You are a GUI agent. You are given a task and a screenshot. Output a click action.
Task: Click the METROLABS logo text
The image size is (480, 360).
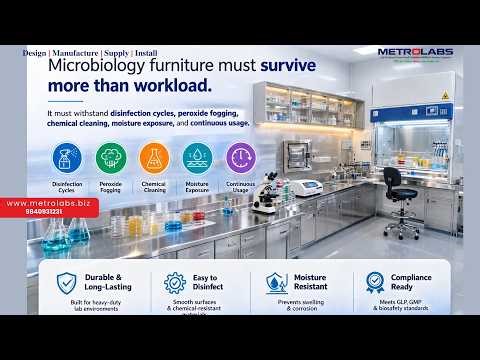pyautogui.click(x=414, y=52)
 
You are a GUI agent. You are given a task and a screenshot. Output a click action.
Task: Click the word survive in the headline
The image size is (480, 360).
pyautogui.click(x=274, y=67)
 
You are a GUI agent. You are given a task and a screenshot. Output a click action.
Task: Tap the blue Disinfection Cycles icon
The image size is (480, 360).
pyautogui.click(x=68, y=158)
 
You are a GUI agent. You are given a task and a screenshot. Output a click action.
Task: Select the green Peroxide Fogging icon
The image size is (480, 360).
pyautogui.click(x=111, y=158)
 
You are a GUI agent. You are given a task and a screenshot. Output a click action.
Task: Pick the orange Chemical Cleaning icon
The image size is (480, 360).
pyautogui.click(x=154, y=158)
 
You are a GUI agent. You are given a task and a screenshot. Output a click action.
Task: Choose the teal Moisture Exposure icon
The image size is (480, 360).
pyautogui.click(x=197, y=158)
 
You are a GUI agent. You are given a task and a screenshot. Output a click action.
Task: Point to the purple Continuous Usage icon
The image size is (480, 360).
pyautogui.click(x=240, y=158)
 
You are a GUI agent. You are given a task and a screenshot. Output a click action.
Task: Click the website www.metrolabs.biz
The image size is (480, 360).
pyautogui.click(x=49, y=203)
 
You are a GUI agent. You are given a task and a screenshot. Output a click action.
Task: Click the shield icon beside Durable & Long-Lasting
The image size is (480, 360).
pyautogui.click(x=67, y=282)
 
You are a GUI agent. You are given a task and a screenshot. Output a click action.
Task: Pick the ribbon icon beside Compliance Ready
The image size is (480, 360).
pyautogui.click(x=375, y=282)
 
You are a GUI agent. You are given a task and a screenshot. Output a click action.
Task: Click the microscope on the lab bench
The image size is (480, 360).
pyautogui.click(x=266, y=193)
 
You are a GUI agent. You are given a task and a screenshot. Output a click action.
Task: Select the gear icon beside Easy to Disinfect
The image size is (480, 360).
pyautogui.click(x=174, y=282)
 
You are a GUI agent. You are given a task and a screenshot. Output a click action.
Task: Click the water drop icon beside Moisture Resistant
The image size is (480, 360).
pyautogui.click(x=276, y=282)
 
